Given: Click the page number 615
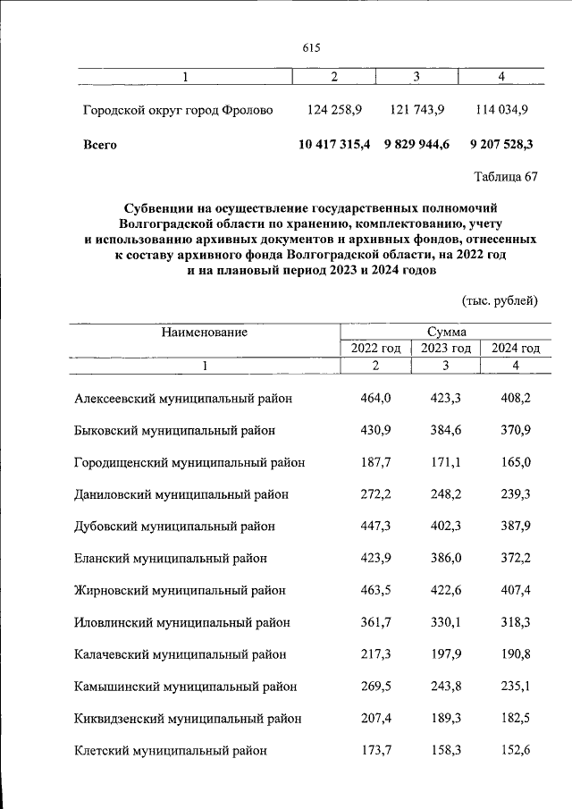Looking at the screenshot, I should pos(311,47).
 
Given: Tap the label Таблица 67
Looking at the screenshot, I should pos(507,176).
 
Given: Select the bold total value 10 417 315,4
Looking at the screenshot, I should pos(334,143).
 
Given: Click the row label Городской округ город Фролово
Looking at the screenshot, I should pos(178,111).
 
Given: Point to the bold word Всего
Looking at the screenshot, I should pos(99,143).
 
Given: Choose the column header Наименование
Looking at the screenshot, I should pos(204,332).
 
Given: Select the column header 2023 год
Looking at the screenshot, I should pos(445,349).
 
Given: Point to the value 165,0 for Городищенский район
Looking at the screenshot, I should pos(515,461).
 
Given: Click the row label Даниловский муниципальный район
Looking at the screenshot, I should pos(181,493).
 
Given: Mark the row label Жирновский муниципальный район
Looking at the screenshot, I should pos(180,590).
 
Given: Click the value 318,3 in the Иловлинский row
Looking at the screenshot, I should pos(515,622).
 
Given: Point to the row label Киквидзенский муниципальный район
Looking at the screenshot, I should pos(187,718).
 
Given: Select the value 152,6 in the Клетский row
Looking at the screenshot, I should pos(515,750).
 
